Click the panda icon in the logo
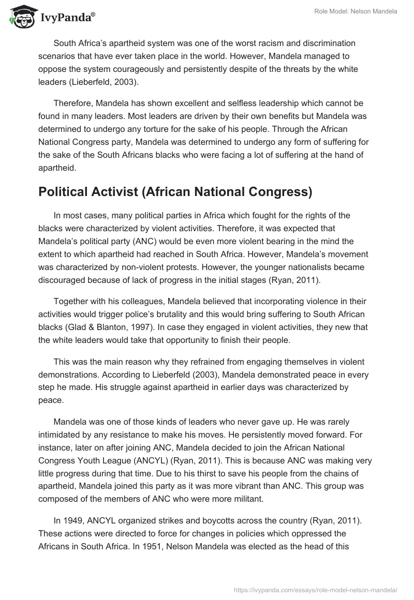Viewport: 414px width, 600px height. click(20, 17)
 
